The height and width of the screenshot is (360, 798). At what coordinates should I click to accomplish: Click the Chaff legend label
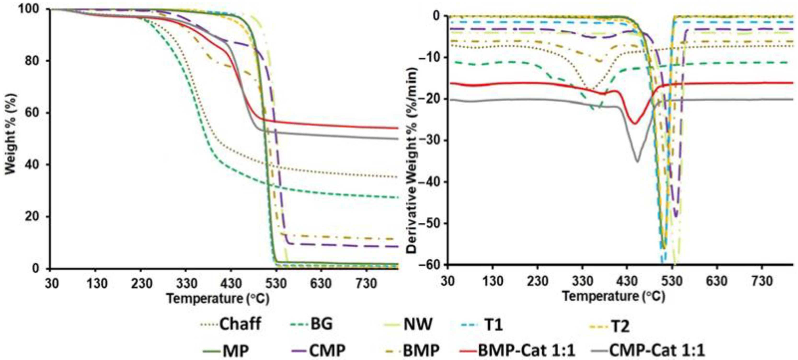coord(240,324)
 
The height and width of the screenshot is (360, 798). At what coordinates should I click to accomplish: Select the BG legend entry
coord(321,324)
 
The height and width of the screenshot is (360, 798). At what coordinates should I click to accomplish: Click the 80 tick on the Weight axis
coord(34,61)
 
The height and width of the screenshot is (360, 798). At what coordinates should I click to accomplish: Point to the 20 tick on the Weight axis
coord(34,217)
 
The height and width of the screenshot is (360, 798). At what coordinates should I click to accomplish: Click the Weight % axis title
coord(11,133)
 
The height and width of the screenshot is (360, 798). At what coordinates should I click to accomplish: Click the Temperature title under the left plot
coord(218,299)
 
